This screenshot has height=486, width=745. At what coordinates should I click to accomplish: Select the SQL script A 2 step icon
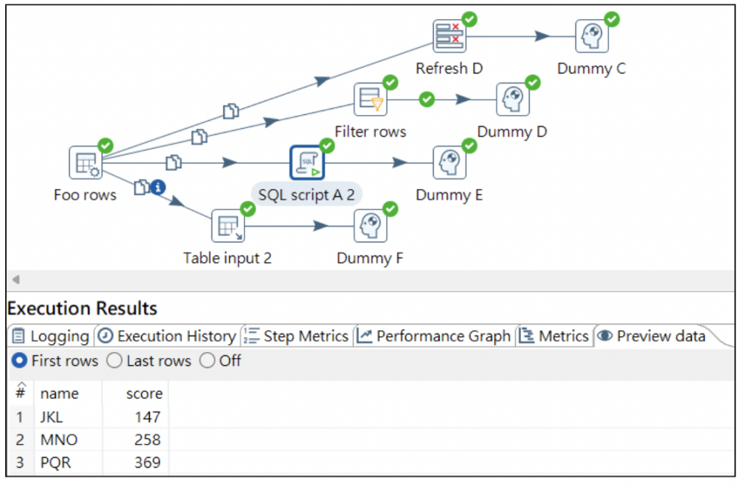pos(307,163)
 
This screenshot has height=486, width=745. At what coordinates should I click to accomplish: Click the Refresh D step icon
pos(450,36)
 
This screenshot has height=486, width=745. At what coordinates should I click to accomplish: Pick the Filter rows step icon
pos(370,100)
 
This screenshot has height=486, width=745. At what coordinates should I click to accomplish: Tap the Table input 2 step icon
pos(228,226)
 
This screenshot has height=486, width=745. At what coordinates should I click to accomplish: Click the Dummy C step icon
pos(591,36)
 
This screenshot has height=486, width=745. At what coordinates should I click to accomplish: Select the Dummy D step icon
pos(512,100)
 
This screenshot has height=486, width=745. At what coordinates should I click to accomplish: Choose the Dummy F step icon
pos(370,226)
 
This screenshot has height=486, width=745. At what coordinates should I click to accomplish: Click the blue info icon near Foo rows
pos(158,188)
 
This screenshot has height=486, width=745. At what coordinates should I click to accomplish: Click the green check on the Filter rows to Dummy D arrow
pos(427,99)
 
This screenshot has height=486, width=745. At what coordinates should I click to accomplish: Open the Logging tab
pos(51,336)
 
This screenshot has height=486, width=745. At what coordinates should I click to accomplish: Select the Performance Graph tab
pos(434,336)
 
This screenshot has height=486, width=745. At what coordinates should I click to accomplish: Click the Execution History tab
pos(167,336)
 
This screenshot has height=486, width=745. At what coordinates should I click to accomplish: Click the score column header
pos(144,394)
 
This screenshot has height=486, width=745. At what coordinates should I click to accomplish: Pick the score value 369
pos(148,463)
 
